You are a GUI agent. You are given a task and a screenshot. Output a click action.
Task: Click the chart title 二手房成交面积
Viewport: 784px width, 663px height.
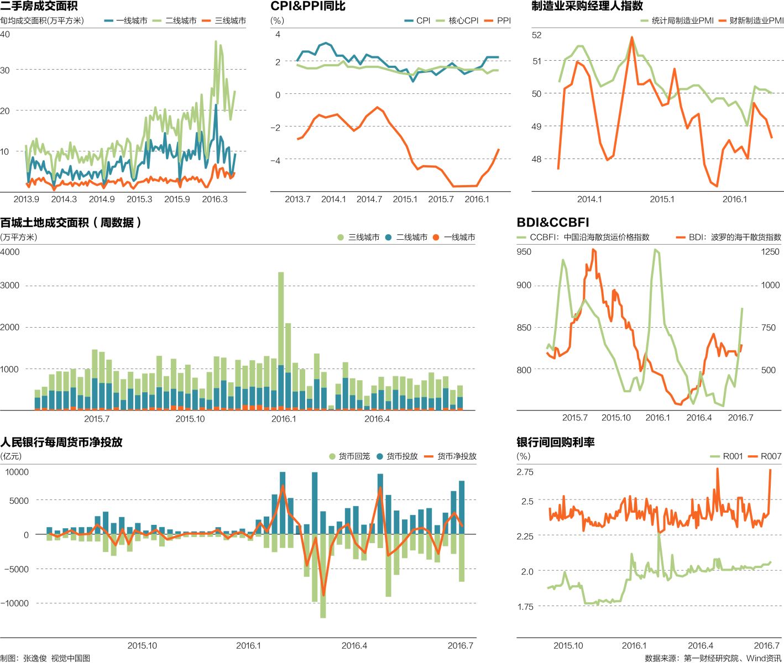point(39,6)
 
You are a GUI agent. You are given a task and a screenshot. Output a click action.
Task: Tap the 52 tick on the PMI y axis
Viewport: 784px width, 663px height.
point(536,35)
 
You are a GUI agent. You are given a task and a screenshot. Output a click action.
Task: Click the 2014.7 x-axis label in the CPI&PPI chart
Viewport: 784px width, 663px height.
point(369,199)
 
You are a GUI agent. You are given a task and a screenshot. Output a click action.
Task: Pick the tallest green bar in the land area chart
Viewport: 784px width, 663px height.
point(281,318)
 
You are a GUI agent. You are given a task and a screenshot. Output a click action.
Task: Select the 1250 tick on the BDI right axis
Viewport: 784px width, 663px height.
point(770,252)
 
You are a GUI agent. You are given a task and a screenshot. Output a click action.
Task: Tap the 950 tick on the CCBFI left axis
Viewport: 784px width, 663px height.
point(524,252)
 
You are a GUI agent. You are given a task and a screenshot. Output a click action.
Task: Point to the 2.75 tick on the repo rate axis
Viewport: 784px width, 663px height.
point(525,472)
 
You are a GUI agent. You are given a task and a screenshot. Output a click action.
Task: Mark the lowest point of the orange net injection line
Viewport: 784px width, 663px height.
point(323,594)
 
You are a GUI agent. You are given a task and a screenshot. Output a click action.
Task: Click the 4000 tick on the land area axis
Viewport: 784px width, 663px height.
point(10,252)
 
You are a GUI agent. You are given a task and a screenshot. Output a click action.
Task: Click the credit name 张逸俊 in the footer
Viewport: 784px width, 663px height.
point(35,658)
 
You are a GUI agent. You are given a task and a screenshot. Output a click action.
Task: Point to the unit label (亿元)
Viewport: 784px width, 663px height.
point(11,456)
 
